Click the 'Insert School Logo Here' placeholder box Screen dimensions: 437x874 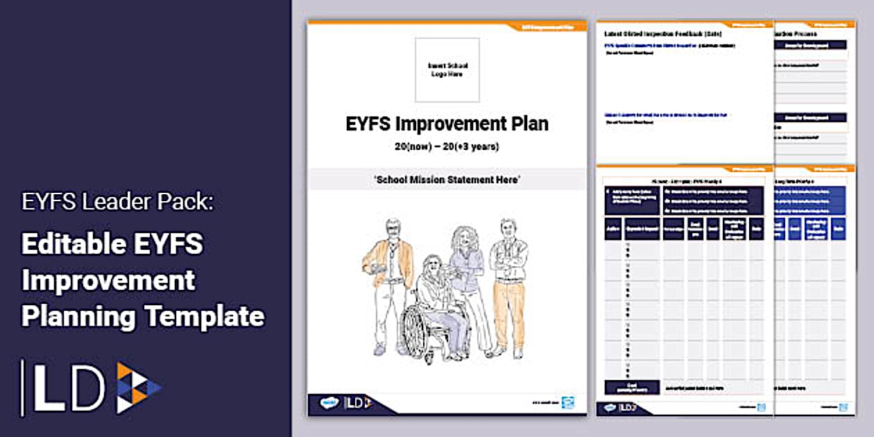point(447,70)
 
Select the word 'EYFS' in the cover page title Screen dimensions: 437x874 point(369,124)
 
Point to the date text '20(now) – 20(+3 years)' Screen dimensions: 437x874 point(447,146)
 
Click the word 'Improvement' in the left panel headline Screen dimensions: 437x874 point(108,281)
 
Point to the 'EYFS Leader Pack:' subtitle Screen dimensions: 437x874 point(119,203)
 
